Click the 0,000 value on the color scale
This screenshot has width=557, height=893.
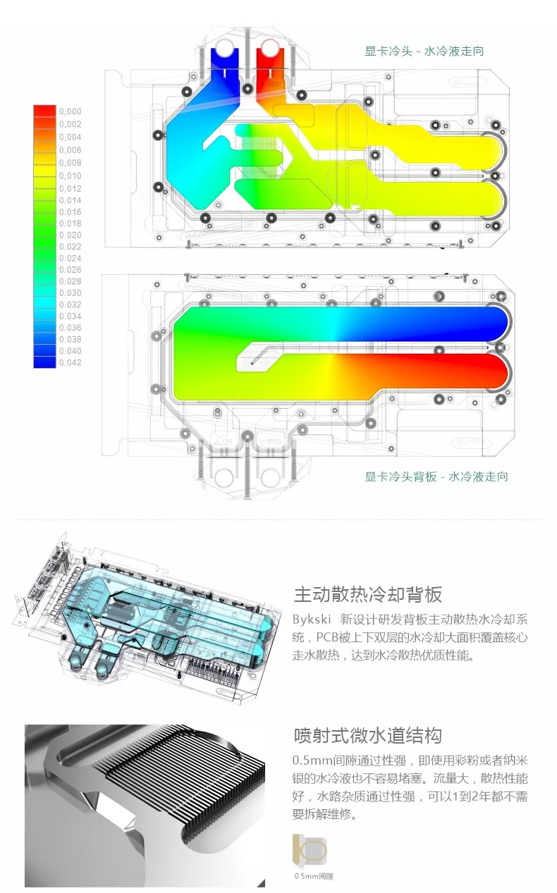[x=70, y=111]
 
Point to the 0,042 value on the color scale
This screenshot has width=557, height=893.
[x=70, y=363]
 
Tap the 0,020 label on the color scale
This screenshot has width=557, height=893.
[x=70, y=235]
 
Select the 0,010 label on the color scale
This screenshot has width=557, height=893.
[x=70, y=175]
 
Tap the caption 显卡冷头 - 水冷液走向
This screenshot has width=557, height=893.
[x=424, y=51]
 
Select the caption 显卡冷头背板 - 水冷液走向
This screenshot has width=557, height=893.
[x=436, y=476]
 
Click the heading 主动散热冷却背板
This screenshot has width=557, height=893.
[x=367, y=594]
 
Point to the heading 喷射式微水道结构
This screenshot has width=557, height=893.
[x=367, y=735]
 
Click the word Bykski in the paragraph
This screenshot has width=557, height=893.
[x=309, y=620]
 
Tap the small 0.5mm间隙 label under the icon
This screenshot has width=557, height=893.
[x=314, y=876]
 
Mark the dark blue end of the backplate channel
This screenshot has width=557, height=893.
[x=486, y=324]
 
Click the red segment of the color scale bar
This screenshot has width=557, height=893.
[x=44, y=111]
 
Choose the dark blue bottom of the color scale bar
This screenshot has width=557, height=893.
[x=44, y=361]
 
